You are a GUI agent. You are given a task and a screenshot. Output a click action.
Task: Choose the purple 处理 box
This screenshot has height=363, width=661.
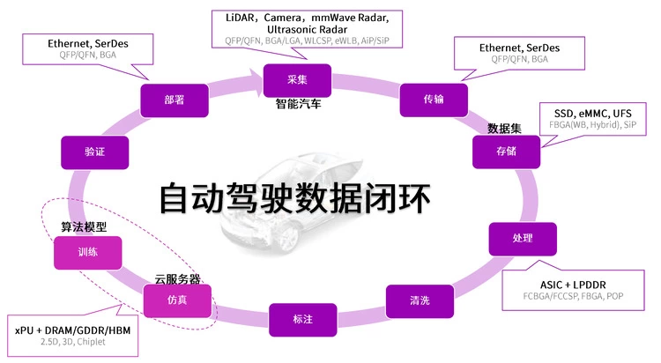[x=523, y=239]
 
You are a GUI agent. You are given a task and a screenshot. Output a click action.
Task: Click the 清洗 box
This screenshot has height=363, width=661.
[x=420, y=300]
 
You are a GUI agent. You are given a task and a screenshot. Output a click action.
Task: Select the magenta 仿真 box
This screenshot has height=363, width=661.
[x=178, y=301]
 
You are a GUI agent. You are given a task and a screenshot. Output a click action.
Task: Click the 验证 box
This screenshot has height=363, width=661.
[x=95, y=152]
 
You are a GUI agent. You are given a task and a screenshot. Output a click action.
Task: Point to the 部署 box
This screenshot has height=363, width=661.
[x=174, y=100]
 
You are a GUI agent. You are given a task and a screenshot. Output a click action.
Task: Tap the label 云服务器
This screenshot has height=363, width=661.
[x=177, y=279]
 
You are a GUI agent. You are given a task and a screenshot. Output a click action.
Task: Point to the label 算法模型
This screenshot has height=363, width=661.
[x=83, y=227]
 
